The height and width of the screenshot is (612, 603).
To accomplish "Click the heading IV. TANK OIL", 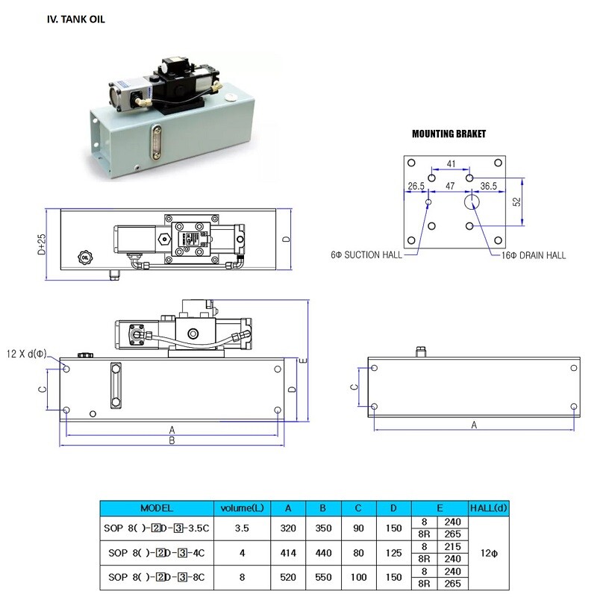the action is coord(75,19).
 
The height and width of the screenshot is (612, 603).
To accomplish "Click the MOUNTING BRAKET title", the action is coord(449,134).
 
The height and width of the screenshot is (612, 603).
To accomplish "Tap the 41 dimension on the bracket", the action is coord(451,164).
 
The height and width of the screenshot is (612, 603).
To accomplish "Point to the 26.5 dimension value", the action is coord(416,186).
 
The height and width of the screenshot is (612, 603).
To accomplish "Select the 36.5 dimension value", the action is coord(488,186).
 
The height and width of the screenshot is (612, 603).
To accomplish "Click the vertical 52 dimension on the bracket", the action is coord(516,202).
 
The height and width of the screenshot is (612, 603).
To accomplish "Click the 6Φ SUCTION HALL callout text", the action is coord(366,255).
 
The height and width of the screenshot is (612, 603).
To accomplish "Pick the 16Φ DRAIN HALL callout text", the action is coord(533,256).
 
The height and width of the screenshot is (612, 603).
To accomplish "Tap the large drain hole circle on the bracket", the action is coord(472,202).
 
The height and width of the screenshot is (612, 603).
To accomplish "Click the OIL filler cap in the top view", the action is coord(84,257).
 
